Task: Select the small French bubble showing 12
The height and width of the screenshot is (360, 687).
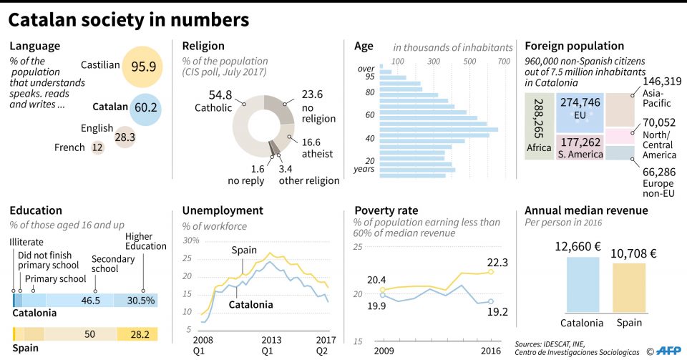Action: point(97,147)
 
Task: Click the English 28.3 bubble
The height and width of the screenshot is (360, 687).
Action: point(125,137)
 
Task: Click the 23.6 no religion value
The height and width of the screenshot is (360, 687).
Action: point(312,94)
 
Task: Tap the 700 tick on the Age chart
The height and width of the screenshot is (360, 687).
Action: point(504,61)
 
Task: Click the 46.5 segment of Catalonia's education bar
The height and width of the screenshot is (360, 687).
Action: point(90,300)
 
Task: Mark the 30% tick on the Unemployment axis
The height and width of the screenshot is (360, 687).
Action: point(191,240)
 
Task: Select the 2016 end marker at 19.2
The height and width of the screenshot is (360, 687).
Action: point(491,302)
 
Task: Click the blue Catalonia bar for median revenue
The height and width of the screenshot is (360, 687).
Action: point(583,285)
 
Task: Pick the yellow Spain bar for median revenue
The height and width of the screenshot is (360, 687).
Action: point(628,288)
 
